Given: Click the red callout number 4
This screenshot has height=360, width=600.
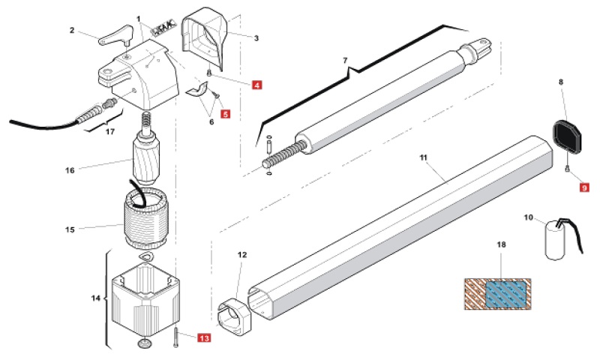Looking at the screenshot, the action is (256, 85).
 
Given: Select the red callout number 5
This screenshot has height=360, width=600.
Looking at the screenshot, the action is (226, 113).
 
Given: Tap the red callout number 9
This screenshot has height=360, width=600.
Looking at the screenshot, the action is (584, 187).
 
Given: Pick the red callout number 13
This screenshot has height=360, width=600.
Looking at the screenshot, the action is (204, 337).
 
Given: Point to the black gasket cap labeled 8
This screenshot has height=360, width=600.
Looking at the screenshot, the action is (567, 137).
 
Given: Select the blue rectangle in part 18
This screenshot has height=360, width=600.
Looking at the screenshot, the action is (505, 294).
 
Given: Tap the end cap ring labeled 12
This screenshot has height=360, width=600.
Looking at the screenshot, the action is (234, 317).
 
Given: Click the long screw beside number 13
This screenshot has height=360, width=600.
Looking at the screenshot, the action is (175, 337).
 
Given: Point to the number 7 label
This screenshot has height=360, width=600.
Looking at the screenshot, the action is (345, 61).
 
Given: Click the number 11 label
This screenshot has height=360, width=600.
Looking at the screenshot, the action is (423, 157).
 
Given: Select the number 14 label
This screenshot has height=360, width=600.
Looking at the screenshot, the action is (95, 298).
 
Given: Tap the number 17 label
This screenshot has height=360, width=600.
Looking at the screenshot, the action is (110, 131).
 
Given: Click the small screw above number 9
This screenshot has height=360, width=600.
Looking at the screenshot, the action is (567, 168).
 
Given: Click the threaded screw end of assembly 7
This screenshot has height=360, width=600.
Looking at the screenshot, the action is (285, 153).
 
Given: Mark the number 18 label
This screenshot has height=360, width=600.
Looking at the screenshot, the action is (501, 244).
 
